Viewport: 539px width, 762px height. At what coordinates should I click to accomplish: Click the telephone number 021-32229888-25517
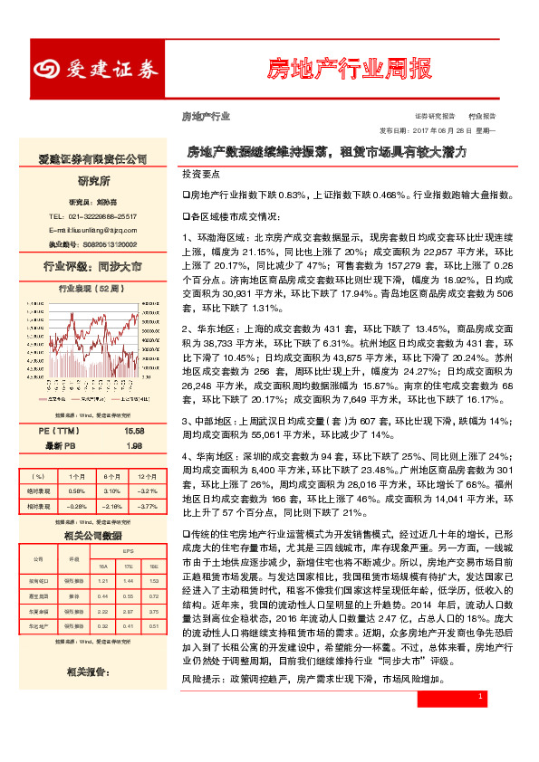click(x=93, y=216)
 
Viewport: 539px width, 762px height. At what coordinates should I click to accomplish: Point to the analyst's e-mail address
click(x=93, y=230)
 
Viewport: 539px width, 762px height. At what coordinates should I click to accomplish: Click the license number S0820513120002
click(x=105, y=243)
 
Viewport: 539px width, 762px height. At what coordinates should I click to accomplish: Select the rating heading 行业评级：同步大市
click(x=93, y=267)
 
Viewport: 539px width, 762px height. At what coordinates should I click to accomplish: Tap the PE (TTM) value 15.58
click(x=135, y=432)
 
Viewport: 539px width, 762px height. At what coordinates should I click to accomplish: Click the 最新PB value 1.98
click(x=135, y=445)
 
